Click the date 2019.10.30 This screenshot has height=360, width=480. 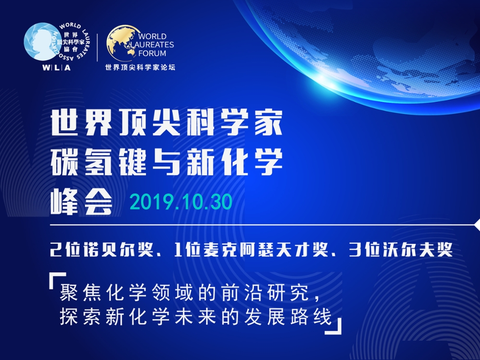[x=181, y=202]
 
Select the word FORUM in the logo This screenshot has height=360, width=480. [x=152, y=53]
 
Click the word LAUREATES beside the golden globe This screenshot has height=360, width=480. [x=152, y=45]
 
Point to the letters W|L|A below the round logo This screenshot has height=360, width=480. [x=57, y=68]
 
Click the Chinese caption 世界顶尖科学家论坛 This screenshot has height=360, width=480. [x=140, y=67]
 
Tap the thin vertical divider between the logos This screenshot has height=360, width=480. [x=97, y=48]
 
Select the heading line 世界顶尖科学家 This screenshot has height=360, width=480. [x=166, y=123]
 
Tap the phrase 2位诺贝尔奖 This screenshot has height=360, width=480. [x=102, y=250]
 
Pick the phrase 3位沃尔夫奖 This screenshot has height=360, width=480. [x=401, y=250]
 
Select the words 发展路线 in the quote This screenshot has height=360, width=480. [x=288, y=316]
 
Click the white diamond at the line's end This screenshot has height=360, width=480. [x=477, y=225]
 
